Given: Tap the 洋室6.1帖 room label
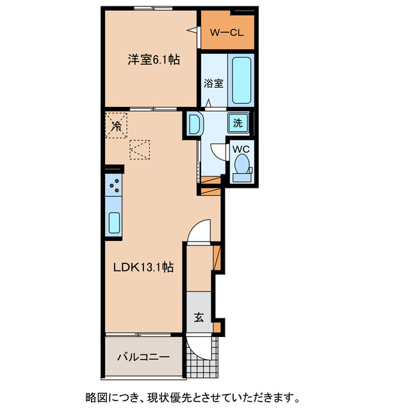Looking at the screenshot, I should [x=153, y=60].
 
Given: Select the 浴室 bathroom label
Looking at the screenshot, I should [x=213, y=83].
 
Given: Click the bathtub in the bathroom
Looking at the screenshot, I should [x=241, y=81].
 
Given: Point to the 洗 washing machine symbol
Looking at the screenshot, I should [x=238, y=124].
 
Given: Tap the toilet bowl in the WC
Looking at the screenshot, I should [x=242, y=165].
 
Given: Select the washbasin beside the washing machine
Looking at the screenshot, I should [x=195, y=123].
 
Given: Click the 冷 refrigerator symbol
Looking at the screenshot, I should [x=117, y=126].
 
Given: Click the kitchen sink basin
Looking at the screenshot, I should [x=113, y=222].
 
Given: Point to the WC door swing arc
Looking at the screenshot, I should [x=220, y=152].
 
